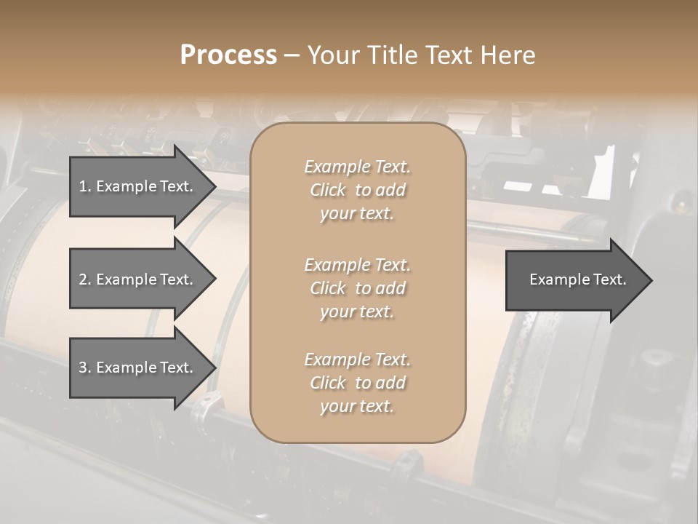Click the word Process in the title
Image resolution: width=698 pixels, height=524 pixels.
(228, 55)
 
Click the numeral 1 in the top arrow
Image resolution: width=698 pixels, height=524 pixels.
(83, 186)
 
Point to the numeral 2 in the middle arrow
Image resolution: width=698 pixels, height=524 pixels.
(83, 279)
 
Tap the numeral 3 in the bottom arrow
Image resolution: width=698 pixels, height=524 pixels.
(83, 368)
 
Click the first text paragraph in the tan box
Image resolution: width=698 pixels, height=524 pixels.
(357, 190)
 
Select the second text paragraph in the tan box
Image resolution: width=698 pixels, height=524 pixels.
(357, 288)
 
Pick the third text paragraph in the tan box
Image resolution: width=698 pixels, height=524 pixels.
(357, 383)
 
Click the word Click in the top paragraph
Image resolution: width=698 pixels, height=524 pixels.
(328, 190)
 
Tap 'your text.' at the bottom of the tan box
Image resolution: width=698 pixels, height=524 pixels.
(357, 407)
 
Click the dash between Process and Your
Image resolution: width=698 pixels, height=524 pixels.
(292, 55)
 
